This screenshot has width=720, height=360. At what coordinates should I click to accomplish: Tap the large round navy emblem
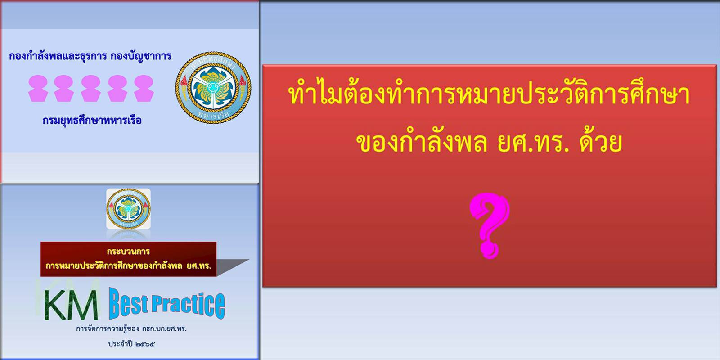213,87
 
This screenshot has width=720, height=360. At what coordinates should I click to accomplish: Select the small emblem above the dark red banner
128,209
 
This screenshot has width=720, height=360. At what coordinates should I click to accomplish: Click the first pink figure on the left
38,88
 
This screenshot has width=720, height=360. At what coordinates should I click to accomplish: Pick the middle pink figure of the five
90,88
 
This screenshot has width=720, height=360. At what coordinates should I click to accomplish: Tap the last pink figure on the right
144,88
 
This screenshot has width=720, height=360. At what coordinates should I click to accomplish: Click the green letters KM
71,305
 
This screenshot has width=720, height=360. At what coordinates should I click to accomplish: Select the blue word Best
129,303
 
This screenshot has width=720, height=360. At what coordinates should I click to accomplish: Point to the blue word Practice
188,306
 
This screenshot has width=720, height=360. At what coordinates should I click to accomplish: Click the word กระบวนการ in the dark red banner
128,251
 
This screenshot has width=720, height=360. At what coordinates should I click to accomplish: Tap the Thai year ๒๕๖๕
145,344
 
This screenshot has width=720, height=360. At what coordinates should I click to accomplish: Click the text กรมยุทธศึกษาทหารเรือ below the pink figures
92,121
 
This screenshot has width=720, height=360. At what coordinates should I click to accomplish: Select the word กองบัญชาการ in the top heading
141,56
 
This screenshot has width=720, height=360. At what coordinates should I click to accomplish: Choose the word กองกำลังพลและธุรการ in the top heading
58,56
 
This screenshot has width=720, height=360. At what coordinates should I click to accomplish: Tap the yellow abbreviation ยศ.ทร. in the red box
533,143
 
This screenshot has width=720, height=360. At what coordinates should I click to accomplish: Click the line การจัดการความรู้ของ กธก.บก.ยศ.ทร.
131,329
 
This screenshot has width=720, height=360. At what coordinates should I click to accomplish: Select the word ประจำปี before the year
120,344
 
